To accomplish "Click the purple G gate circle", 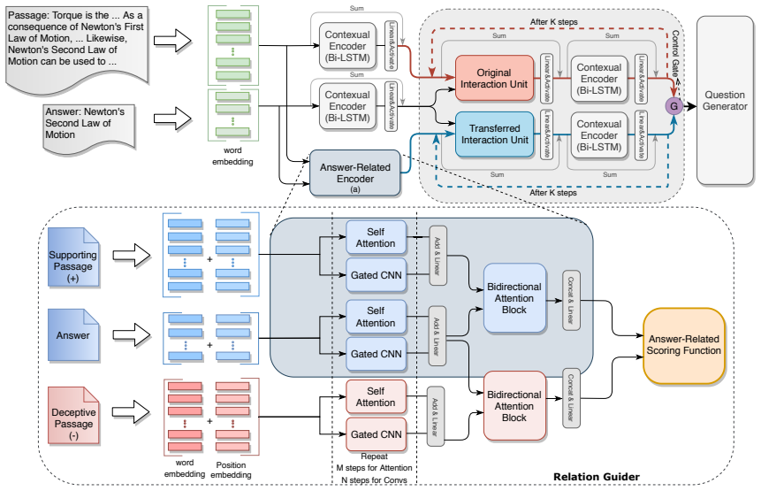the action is tap(673, 106).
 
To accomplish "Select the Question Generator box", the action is tap(725, 100).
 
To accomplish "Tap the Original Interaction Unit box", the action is tap(494, 78).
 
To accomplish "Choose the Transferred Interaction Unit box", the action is tap(494, 134).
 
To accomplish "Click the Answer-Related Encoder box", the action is tap(354, 173).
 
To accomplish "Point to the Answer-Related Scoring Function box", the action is tap(683, 345).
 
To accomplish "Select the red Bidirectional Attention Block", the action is tap(514, 406).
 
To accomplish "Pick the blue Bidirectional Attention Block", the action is tap(514, 298).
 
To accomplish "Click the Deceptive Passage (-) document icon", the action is tap(73, 415).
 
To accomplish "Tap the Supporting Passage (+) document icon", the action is tap(73, 257).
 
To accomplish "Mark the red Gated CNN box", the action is tap(377, 434).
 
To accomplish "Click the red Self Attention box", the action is tap(376, 397).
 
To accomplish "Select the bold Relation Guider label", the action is tap(596, 477).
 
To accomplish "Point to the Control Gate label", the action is tap(675, 53).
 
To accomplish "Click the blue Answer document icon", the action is tap(73, 335).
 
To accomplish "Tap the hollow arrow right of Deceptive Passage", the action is tap(131, 412).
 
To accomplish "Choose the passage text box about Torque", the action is tap(77, 50).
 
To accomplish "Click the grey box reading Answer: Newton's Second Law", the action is tap(88, 128).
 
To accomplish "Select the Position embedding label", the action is tap(231, 470).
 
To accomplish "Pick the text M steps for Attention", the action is tap(374, 468).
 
